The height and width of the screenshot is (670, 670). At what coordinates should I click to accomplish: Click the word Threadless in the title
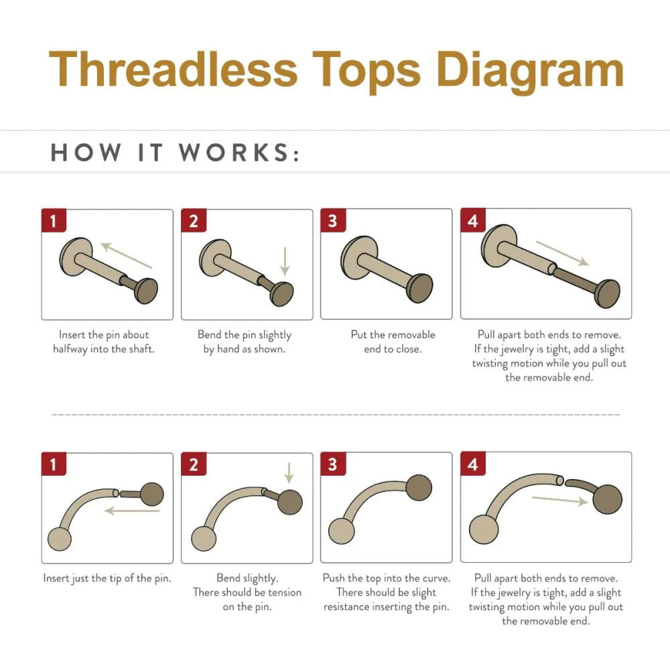173,69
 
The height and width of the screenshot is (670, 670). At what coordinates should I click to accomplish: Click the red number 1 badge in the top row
54,220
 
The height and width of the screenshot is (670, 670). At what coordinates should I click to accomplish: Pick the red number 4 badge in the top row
472,220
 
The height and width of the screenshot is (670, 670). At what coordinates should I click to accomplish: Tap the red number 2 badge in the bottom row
194,464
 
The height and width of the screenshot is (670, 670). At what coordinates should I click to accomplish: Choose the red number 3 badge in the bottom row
333,464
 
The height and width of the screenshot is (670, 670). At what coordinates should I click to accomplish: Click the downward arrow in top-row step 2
285,261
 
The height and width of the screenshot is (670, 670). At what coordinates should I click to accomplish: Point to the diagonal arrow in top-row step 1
126,255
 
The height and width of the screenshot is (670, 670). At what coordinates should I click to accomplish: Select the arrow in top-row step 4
563,253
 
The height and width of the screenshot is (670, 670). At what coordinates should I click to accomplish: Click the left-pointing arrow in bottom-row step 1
132,510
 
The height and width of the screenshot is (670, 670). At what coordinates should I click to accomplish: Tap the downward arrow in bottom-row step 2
289,473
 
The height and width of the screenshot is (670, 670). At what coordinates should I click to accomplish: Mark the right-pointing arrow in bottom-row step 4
560,500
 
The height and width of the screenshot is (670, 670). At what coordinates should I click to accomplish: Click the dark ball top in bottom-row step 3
419,488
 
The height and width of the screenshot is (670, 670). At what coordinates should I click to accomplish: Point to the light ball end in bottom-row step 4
484,529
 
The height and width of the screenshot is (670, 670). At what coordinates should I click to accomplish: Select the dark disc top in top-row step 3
421,288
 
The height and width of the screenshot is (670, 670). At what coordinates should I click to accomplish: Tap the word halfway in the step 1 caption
70,350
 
